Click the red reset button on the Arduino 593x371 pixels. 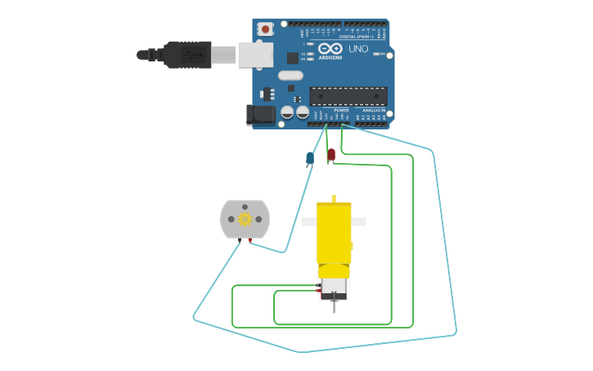click(265, 29)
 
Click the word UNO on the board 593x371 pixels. click(358, 49)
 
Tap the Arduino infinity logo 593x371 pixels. click(330, 49)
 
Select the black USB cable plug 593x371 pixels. click(186, 55)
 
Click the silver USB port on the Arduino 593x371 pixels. click(255, 55)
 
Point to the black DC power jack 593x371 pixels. click(261, 115)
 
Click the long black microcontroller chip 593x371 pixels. click(348, 96)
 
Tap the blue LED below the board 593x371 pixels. click(310, 157)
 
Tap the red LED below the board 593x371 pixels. click(330, 153)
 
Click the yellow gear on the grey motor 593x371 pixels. click(245, 219)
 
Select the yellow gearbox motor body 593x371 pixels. click(334, 233)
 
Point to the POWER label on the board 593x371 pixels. click(341, 110)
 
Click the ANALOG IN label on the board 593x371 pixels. click(374, 110)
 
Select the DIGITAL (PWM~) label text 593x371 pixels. click(356, 36)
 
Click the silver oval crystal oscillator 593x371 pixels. click(290, 75)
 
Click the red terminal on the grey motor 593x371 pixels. click(249, 240)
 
